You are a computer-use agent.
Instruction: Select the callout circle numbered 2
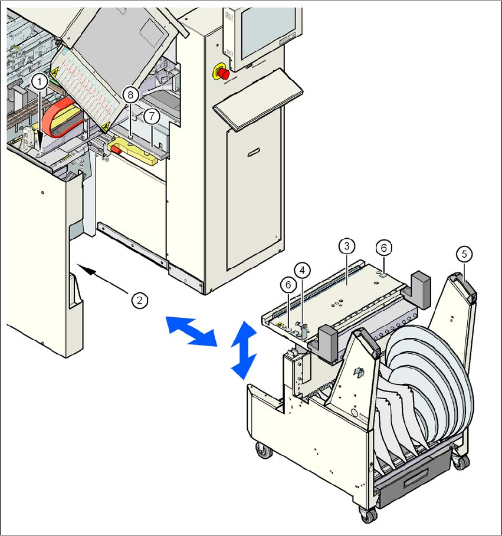[x=139, y=300]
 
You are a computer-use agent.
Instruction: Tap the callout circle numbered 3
[x=347, y=245]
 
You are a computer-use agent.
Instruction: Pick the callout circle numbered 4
[x=302, y=271]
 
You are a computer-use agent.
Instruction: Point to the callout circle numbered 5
[x=465, y=254]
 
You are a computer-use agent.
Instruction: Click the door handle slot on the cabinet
[x=253, y=153]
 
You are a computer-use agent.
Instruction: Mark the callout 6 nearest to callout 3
[x=383, y=248]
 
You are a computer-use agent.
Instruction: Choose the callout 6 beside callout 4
[x=288, y=285]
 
